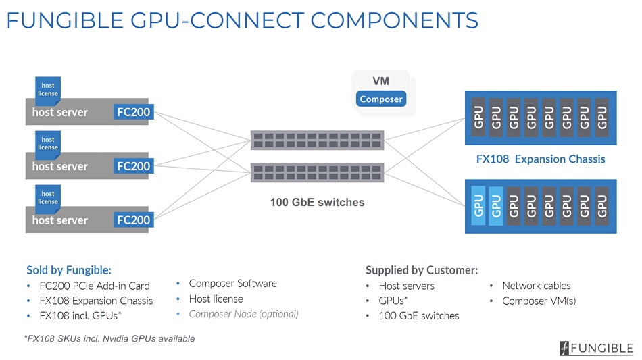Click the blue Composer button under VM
tap(380, 99)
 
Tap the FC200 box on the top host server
tap(134, 111)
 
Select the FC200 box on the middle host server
tap(134, 166)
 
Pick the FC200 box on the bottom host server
tap(134, 220)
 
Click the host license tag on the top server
tap(48, 88)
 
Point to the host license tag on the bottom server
tap(48, 197)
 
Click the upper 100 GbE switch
tap(318, 140)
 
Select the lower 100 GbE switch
tap(318, 172)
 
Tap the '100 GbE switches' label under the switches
tap(318, 202)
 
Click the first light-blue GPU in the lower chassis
tap(478, 206)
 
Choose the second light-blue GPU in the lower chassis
tap(496, 206)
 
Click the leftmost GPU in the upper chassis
tap(478, 118)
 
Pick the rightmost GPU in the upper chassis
tap(602, 118)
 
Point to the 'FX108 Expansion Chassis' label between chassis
tap(541, 159)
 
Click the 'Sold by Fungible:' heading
tap(69, 270)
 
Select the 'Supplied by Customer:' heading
tap(422, 270)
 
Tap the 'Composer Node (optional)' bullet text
tap(243, 314)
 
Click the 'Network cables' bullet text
tap(537, 286)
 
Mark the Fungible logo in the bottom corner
tap(596, 348)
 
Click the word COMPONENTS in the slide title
tap(394, 20)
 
